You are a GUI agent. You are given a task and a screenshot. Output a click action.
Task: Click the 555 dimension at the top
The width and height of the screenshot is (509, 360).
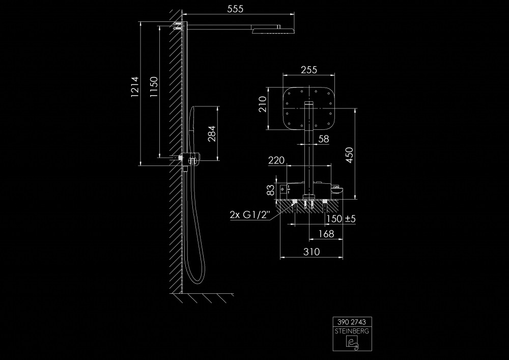coord(235,9)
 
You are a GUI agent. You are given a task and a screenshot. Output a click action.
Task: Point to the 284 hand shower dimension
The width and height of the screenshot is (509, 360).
coord(212,133)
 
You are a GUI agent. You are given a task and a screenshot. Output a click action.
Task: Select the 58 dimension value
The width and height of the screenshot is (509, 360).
coord(323,139)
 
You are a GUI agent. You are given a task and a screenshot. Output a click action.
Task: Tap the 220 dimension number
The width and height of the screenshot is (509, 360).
coord(276,160)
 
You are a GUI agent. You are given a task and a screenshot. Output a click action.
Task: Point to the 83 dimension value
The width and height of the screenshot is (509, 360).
coord(270,190)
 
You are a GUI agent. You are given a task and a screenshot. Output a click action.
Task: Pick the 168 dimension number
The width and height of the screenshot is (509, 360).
coord(326,234)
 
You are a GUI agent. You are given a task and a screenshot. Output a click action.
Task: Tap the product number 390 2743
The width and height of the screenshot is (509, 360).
coord(352,322)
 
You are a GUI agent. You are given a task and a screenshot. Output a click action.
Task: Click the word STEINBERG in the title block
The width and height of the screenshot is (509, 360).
coord(352,330)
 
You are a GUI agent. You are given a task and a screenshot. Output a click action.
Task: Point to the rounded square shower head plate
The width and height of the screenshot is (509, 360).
coord(309,108)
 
